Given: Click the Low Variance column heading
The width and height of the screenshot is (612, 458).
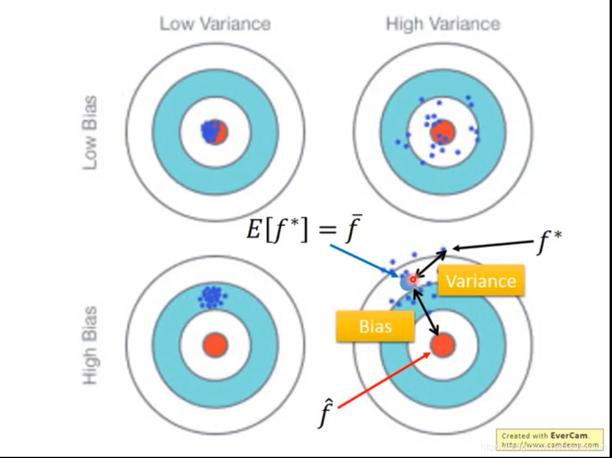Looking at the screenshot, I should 215,24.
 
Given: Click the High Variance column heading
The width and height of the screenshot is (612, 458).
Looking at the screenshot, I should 442,24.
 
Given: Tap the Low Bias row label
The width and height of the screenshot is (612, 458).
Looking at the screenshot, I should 90,133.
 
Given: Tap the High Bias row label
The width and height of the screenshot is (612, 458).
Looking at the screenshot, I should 90,345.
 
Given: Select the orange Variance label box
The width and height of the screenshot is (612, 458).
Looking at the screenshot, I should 481,281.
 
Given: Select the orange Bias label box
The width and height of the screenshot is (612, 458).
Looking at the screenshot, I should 375,326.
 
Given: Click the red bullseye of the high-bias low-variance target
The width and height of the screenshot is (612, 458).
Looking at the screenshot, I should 215,344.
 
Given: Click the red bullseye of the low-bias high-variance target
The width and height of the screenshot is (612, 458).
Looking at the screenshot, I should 442,131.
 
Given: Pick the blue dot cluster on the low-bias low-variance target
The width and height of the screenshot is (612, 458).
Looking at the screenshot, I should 210,131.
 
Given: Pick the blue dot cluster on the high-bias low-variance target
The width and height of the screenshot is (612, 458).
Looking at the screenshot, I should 211,296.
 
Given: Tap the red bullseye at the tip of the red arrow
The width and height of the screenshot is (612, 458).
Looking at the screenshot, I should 442,344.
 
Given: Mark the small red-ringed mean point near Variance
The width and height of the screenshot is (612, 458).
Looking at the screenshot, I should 413,279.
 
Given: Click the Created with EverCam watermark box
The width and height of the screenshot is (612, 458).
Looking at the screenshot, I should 550,439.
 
